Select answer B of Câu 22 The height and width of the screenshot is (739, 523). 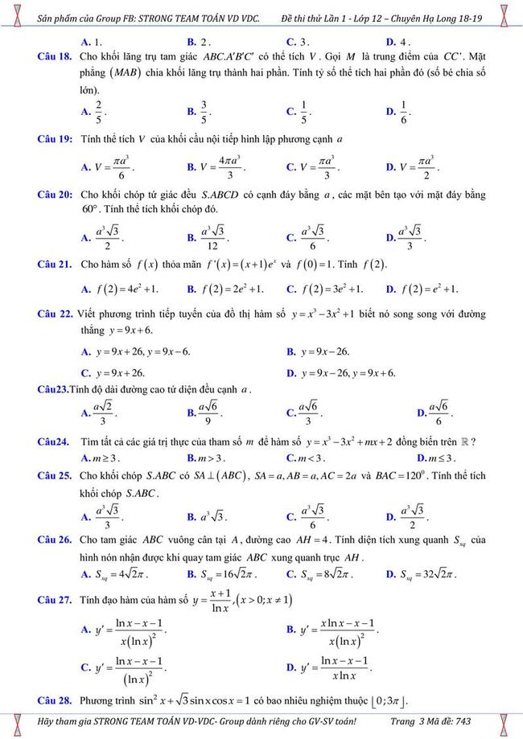click(319, 351)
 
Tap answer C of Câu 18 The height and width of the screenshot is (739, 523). click(299, 111)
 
